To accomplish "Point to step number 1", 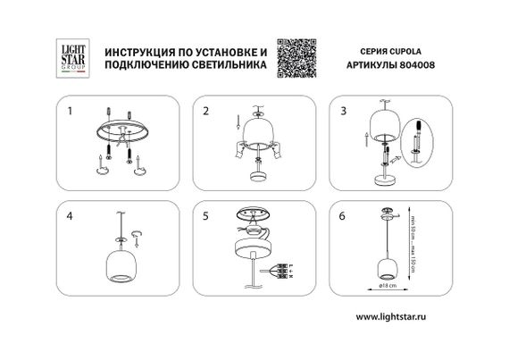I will (71, 113).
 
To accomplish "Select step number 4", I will (71, 217).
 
